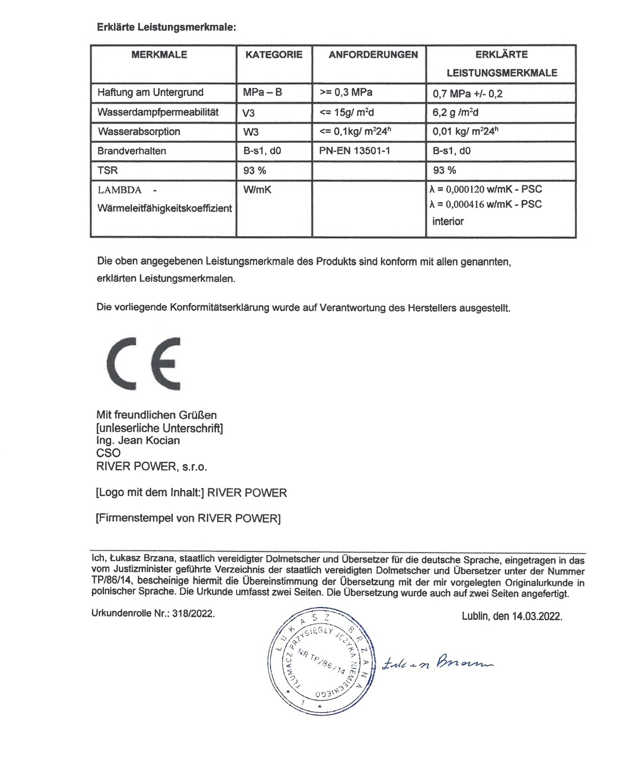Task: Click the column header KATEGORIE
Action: (x=274, y=55)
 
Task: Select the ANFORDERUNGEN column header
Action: (x=373, y=55)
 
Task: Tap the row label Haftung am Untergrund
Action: (x=150, y=92)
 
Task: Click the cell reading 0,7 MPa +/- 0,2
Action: (x=467, y=94)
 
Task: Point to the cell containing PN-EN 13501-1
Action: (x=354, y=151)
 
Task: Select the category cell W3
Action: (x=250, y=132)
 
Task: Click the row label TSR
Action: (x=108, y=170)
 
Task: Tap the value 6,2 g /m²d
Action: (x=455, y=112)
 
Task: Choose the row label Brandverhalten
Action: (x=131, y=151)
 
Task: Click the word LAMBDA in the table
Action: (x=119, y=190)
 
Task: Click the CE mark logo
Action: (x=144, y=363)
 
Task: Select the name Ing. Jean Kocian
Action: (x=138, y=440)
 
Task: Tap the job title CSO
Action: (x=109, y=453)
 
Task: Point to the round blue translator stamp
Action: (x=322, y=661)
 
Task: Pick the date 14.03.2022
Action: (x=536, y=616)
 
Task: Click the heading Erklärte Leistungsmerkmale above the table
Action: (x=166, y=27)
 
